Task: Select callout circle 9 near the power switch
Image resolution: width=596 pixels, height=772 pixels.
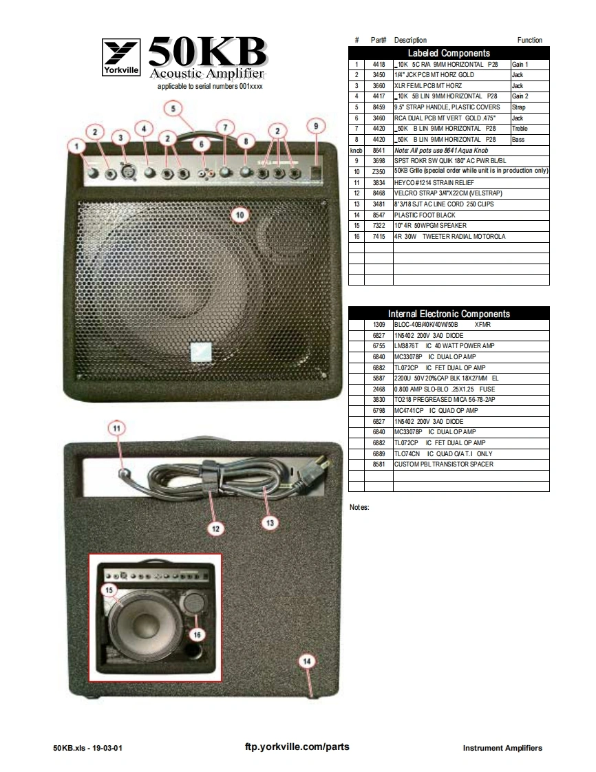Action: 315,126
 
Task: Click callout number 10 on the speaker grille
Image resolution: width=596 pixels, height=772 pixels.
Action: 240,214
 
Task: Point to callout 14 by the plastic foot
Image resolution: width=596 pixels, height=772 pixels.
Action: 307,661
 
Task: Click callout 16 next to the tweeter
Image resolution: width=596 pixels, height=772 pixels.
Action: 198,634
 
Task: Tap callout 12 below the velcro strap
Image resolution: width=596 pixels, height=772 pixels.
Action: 215,528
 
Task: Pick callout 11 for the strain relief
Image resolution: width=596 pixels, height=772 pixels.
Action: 117,428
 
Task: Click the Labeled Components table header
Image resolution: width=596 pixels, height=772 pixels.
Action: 449,53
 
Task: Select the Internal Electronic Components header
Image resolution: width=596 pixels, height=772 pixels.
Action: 449,314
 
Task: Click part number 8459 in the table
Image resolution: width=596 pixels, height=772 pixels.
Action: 379,107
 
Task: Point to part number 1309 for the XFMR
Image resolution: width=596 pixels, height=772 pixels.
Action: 379,324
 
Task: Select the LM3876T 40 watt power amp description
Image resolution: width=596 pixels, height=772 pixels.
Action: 444,345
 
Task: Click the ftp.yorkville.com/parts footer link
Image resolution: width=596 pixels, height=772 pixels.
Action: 297,747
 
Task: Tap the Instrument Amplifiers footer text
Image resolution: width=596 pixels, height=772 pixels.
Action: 502,748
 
